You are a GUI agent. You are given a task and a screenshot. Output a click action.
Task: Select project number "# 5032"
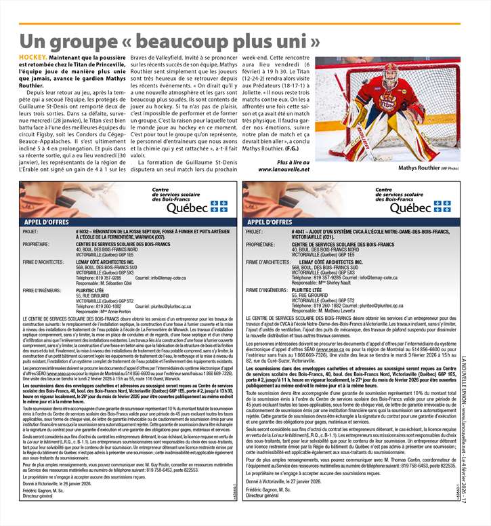coord(85,231)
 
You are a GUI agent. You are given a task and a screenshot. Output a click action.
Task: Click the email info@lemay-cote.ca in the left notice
coord(161,277)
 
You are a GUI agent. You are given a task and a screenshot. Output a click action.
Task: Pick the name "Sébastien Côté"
coord(127,282)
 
